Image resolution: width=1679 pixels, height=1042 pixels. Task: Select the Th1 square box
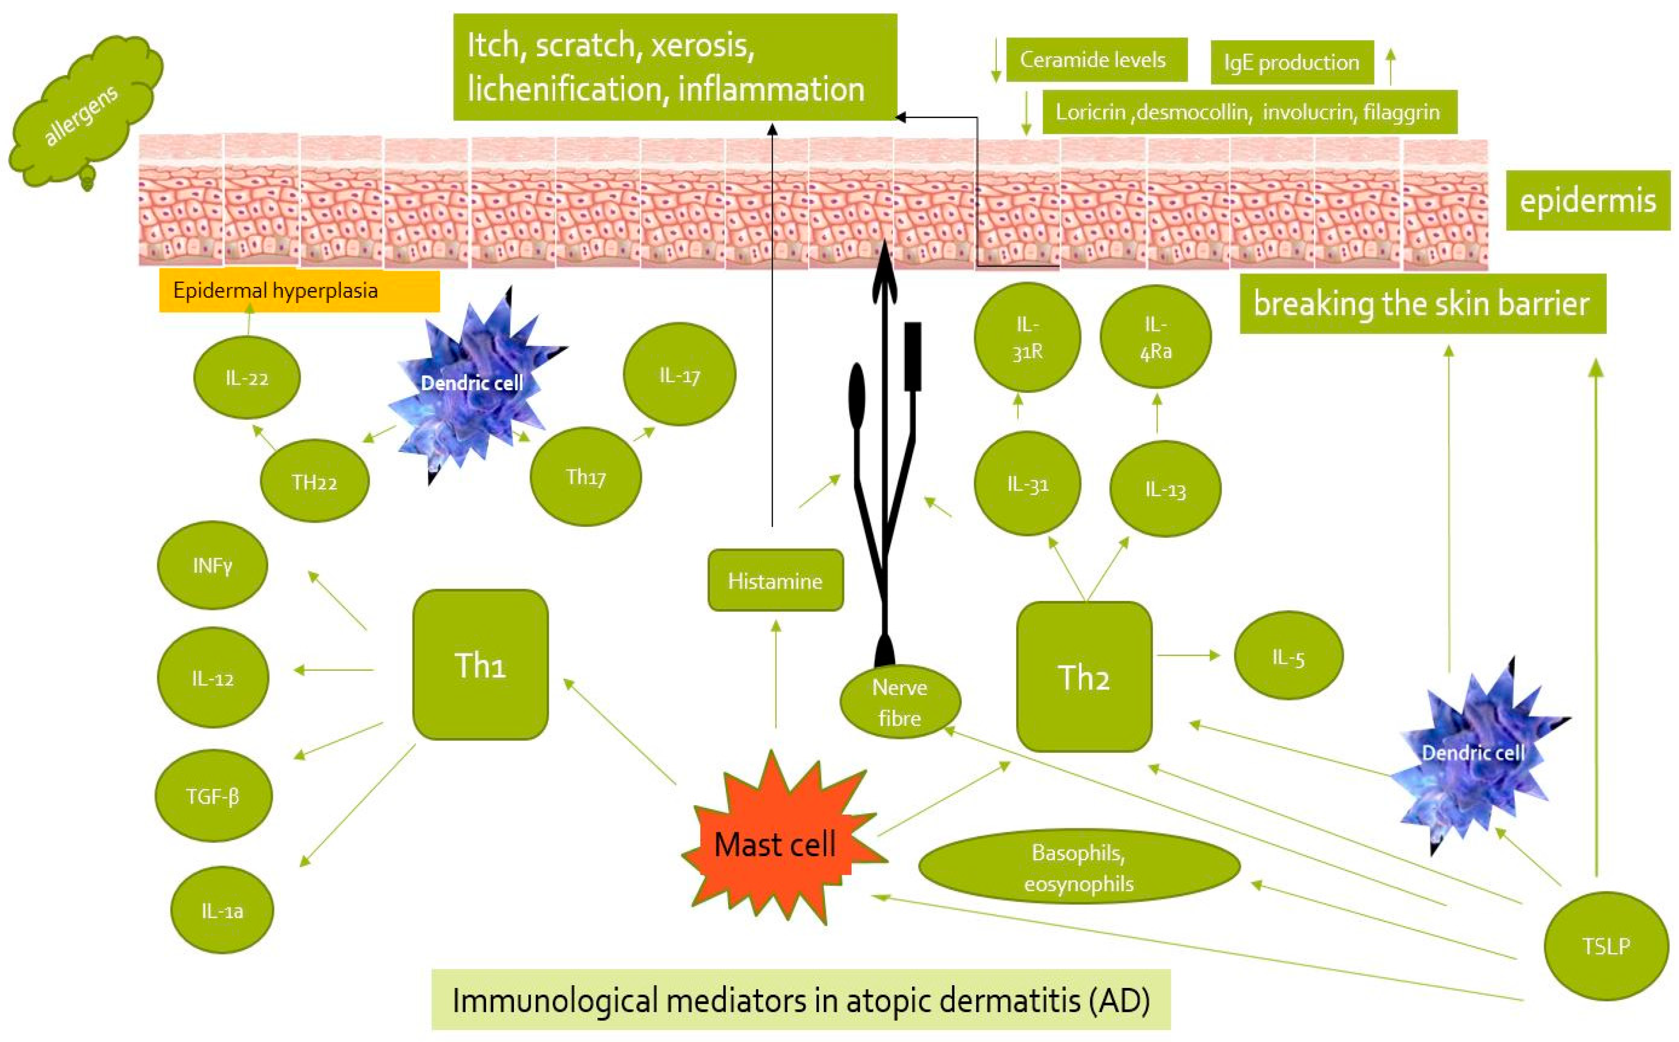click(480, 664)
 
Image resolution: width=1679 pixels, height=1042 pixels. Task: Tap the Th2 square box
click(1083, 677)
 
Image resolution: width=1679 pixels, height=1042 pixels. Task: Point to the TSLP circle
click(1606, 945)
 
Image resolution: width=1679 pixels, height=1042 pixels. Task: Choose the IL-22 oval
click(247, 377)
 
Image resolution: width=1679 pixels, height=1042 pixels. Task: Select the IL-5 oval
click(1287, 657)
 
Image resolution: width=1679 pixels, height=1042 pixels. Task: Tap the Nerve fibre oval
click(899, 702)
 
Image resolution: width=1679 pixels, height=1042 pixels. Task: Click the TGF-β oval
click(213, 796)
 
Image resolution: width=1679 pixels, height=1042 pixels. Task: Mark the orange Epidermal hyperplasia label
click(299, 290)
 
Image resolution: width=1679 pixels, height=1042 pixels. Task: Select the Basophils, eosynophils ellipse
click(1078, 867)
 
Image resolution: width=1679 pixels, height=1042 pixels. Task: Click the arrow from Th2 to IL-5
click(1188, 655)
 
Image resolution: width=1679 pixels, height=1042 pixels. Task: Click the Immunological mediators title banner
click(800, 999)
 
